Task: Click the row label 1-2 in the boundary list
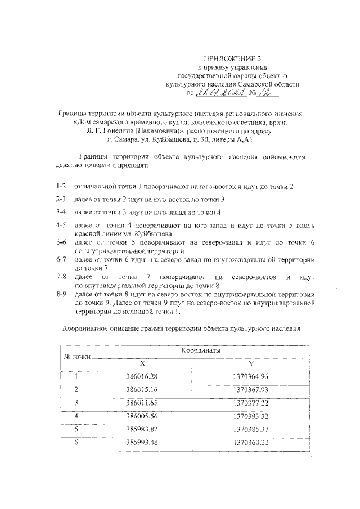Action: tap(61, 186)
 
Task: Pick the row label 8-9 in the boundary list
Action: tap(61, 294)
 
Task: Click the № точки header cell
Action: tap(76, 356)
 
